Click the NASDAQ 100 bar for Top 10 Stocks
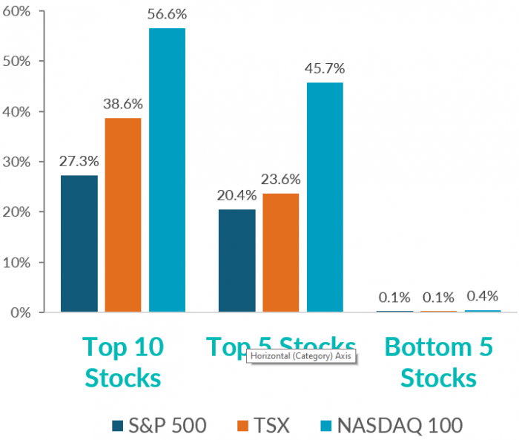(x=167, y=170)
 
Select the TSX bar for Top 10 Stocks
(x=122, y=215)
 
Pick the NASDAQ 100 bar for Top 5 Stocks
(x=325, y=197)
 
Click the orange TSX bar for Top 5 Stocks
(x=280, y=252)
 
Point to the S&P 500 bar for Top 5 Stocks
(x=237, y=260)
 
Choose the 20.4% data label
(x=237, y=197)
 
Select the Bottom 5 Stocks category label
(x=439, y=362)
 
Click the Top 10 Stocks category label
(x=123, y=362)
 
